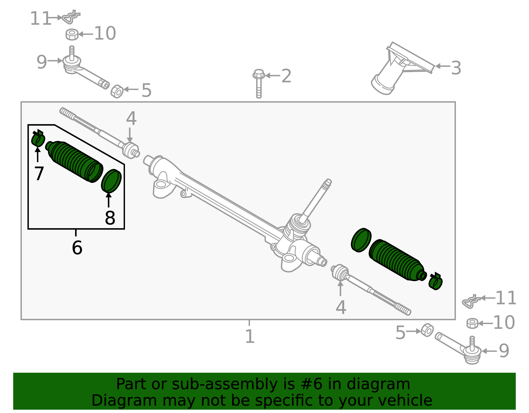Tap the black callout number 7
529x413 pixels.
click(x=39, y=173)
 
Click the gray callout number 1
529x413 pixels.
click(x=250, y=336)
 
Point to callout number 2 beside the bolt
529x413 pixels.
click(x=286, y=76)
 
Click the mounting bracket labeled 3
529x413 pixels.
click(x=397, y=69)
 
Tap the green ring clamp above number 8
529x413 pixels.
click(x=111, y=181)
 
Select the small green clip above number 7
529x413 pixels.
click(x=38, y=139)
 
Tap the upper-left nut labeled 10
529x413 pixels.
click(x=72, y=34)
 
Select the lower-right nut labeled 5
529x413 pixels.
click(x=427, y=330)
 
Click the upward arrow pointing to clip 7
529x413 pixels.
click(x=38, y=155)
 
